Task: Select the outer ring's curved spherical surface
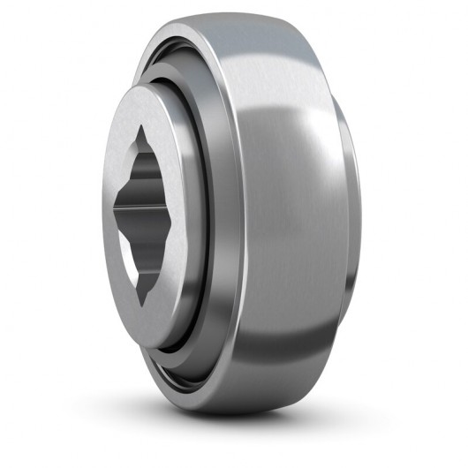point(300,221)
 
